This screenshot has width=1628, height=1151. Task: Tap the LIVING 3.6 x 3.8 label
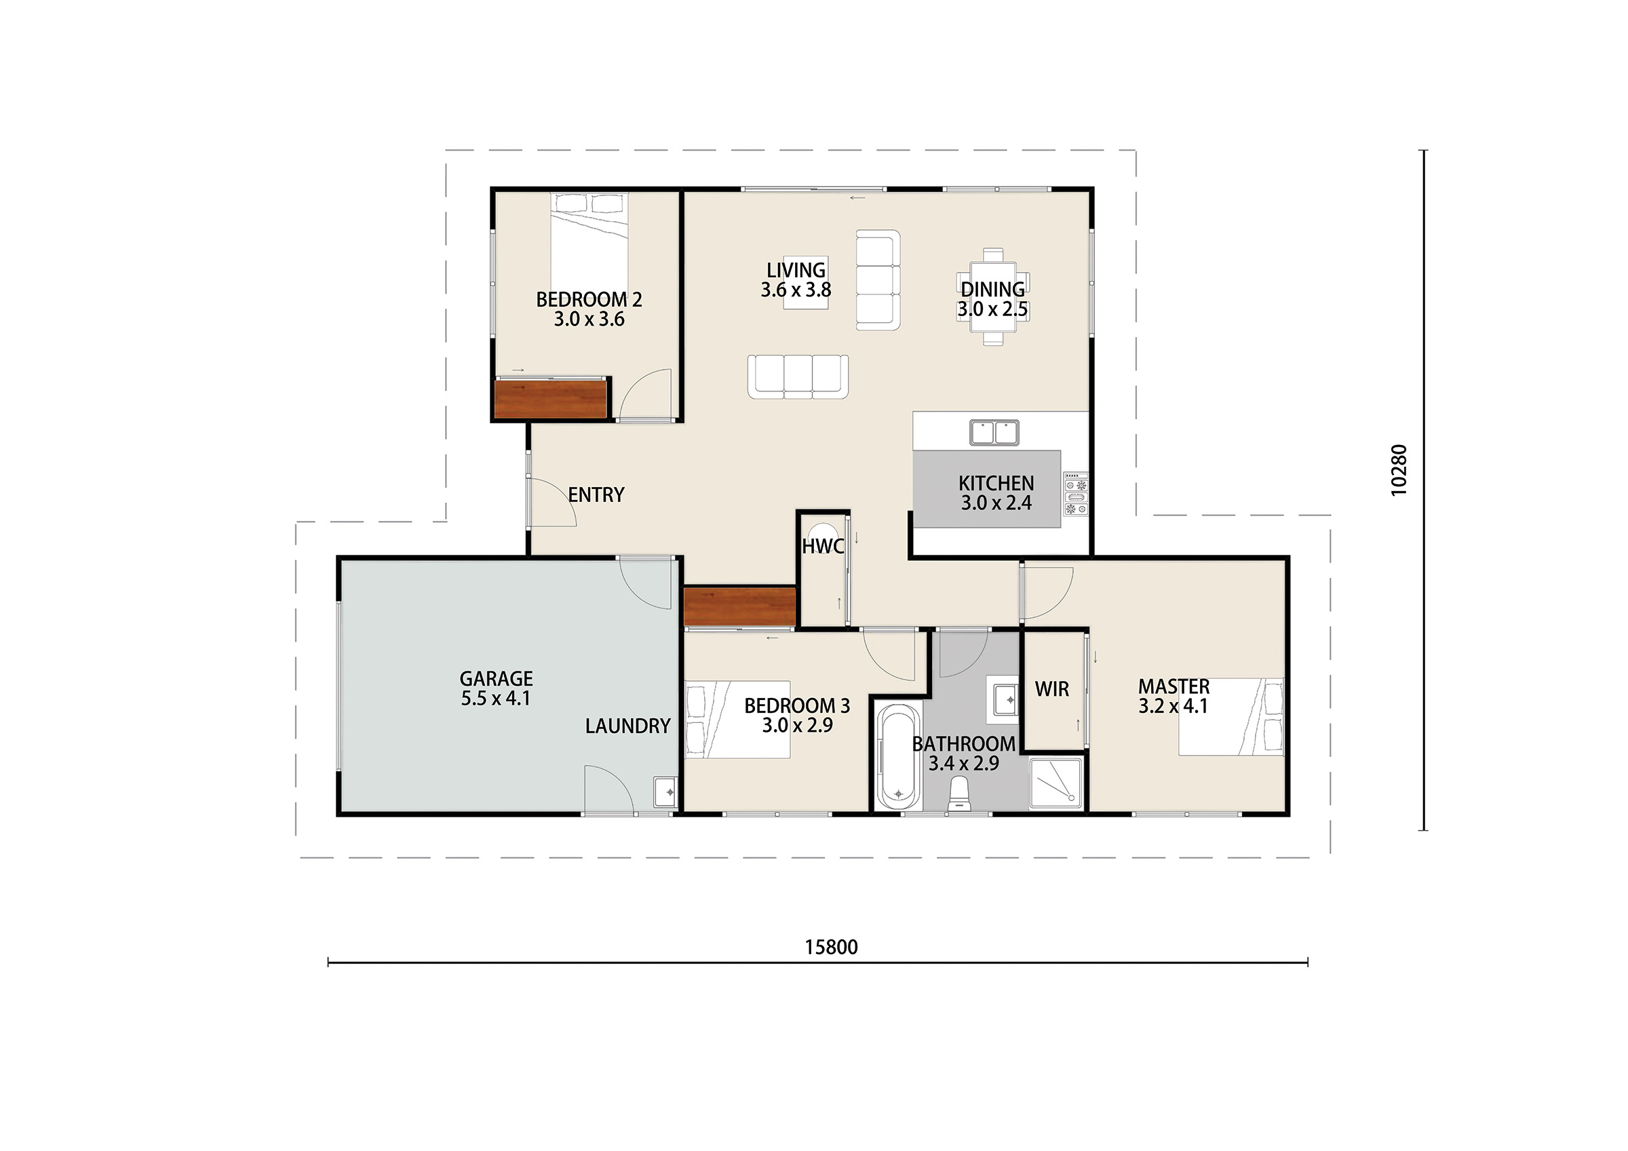click(x=796, y=279)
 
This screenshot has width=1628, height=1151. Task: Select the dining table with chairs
click(x=992, y=296)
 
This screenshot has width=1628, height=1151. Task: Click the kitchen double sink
click(x=994, y=432)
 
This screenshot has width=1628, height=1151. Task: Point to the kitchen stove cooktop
click(x=1075, y=494)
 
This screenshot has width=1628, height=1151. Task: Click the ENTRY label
click(x=596, y=495)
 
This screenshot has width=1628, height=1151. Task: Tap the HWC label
click(x=823, y=546)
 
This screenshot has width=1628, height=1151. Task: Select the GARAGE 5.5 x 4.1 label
click(x=496, y=688)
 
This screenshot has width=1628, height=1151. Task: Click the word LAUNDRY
click(x=627, y=726)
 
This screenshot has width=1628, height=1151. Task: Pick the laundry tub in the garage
click(x=665, y=792)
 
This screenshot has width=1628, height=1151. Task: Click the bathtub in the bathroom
click(x=898, y=757)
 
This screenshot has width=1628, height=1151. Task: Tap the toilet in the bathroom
click(x=958, y=794)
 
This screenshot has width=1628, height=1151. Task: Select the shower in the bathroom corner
click(x=1056, y=783)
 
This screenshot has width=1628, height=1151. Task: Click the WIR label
click(x=1051, y=688)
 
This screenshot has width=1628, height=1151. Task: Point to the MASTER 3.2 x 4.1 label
click(x=1174, y=696)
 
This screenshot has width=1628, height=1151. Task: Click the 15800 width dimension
click(x=831, y=948)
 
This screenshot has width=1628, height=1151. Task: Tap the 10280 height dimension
click(x=1398, y=469)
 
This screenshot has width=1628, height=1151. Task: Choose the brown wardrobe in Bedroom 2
click(x=551, y=399)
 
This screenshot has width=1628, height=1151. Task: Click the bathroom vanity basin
click(x=1003, y=699)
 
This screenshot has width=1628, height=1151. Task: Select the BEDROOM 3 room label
click(x=797, y=715)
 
